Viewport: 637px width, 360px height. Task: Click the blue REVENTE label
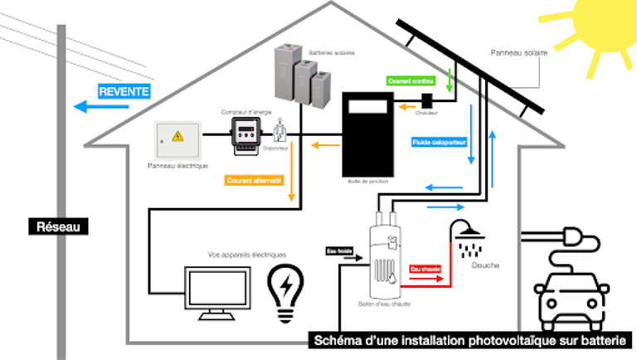coord(124,91)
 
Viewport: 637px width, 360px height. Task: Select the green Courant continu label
coord(411,81)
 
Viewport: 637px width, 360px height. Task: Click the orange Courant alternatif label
coord(254,180)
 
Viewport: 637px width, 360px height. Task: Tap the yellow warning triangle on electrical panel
coord(177,136)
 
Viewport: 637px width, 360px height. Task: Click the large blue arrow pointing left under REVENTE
coord(91,106)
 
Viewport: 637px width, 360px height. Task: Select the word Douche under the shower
coord(486,266)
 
